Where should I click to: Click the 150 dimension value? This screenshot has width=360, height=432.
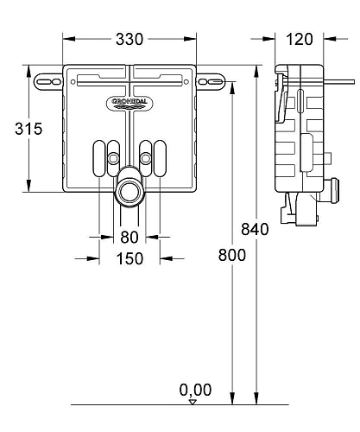pyautogui.click(x=129, y=259)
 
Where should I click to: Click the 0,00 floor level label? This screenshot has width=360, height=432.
pyautogui.click(x=195, y=390)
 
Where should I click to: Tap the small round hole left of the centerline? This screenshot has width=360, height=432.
pyautogui.click(x=114, y=157)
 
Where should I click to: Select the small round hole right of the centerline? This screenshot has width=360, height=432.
pyautogui.click(x=146, y=157)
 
